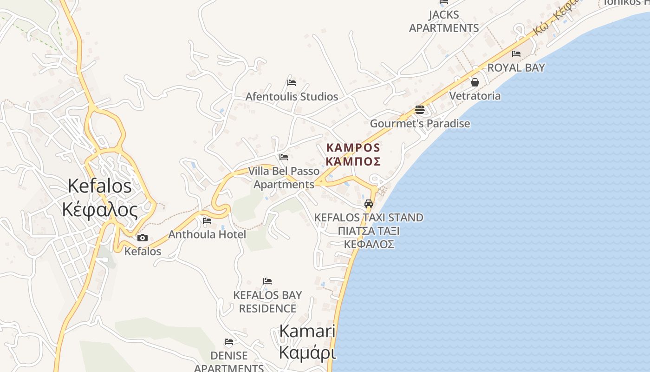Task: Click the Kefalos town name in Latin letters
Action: coord(99,186)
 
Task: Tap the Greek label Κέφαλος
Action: coord(100,210)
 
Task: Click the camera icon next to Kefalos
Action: coord(143,238)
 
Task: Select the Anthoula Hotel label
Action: coord(207,234)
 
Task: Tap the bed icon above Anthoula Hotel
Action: coord(207,220)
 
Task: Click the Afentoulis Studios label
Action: coord(292,97)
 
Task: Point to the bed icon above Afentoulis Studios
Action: coord(292,83)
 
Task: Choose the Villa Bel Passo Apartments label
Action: coord(284,178)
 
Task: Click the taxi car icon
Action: coord(369,204)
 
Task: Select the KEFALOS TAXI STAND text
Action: coord(369,218)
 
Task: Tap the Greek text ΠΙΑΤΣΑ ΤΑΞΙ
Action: coord(369,231)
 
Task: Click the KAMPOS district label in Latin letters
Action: coord(353,148)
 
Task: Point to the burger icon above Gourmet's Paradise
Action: coord(420,110)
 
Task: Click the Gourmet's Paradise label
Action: coord(420,124)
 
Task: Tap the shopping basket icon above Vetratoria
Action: coord(475,82)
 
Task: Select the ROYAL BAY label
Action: coord(516,68)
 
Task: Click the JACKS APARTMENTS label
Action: coord(444,21)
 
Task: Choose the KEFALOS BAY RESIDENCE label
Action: coord(267,302)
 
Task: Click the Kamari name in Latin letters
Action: coord(307,331)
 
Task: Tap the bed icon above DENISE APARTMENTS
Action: coord(229,342)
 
